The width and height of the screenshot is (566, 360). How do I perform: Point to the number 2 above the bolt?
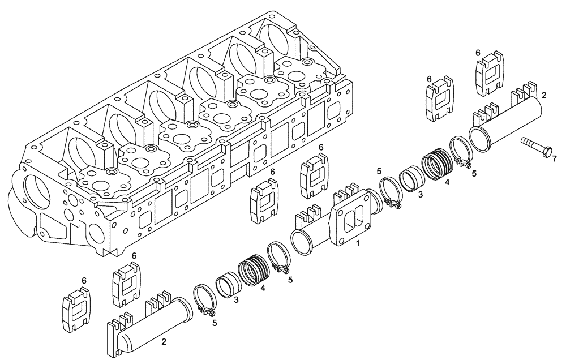click(x=543, y=96)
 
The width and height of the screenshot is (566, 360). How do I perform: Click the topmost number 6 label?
click(x=478, y=53)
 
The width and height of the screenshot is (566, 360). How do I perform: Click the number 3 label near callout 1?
click(x=420, y=195)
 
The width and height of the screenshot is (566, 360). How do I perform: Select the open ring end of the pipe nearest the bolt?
click(x=481, y=139)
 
